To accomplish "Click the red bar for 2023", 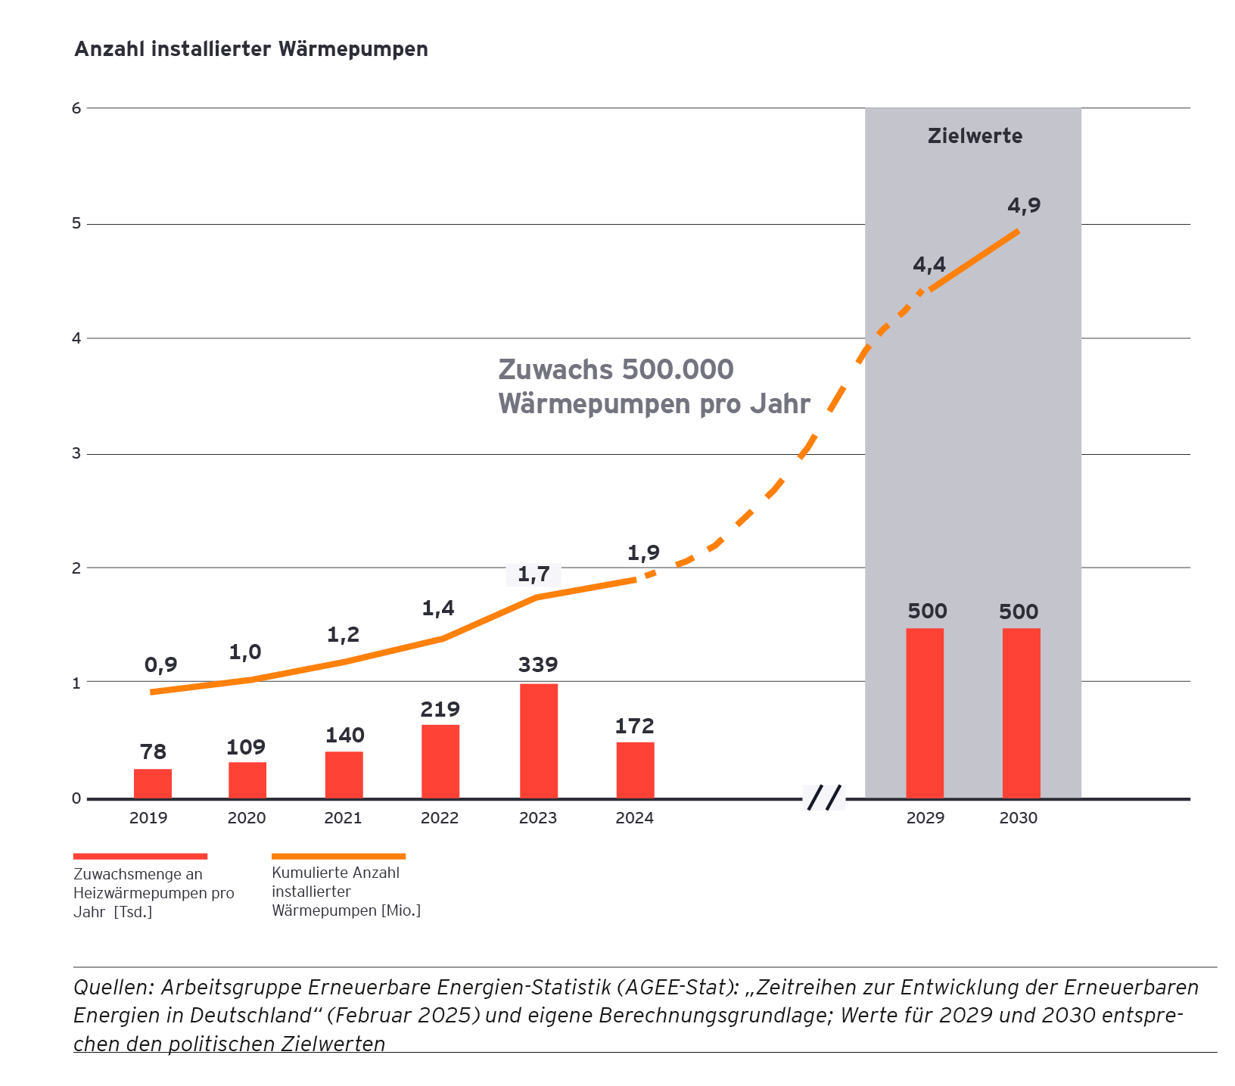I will pos(539,741).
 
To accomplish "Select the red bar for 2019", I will pos(153,783).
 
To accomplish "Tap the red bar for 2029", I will pos(925,713).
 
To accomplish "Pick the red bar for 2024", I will pos(635,770).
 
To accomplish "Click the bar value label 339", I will pos(538,664).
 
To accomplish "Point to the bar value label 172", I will pos(634,727).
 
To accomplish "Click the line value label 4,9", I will pos(1024,205).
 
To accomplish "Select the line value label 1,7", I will pos(534,574).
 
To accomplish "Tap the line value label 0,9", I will pos(160,664).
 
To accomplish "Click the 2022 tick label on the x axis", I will pos(440,818).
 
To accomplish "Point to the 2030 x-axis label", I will pos(1019,818).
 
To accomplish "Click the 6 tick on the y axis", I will pos(76,108).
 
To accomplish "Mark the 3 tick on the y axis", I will pos(76,454).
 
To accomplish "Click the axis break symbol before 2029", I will pos(824,798).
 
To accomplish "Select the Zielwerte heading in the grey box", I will pos(975,136).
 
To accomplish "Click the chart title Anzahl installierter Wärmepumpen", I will pos(251,49).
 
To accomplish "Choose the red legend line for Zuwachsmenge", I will pos(140,856).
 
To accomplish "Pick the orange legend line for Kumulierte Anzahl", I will pos(338,856).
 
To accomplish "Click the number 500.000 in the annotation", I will pos(677,369).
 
